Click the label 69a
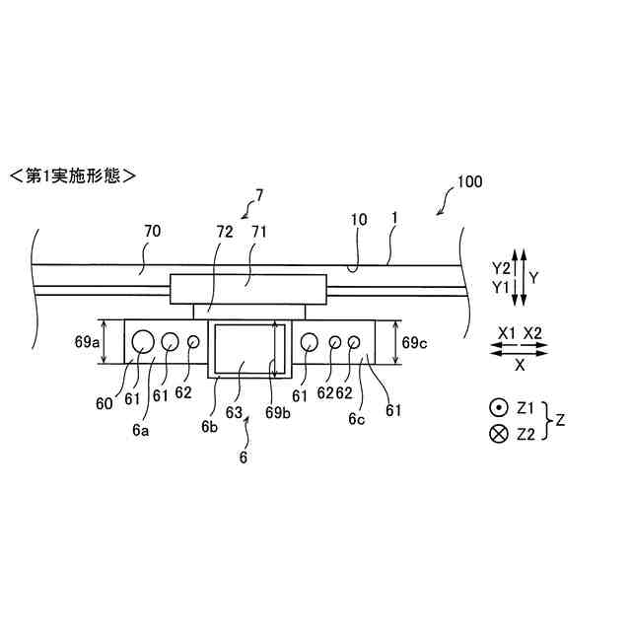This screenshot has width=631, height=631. click(x=87, y=342)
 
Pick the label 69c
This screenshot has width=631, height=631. click(x=412, y=342)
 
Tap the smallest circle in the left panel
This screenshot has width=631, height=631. click(x=192, y=341)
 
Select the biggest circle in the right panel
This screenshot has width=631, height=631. click(x=310, y=341)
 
